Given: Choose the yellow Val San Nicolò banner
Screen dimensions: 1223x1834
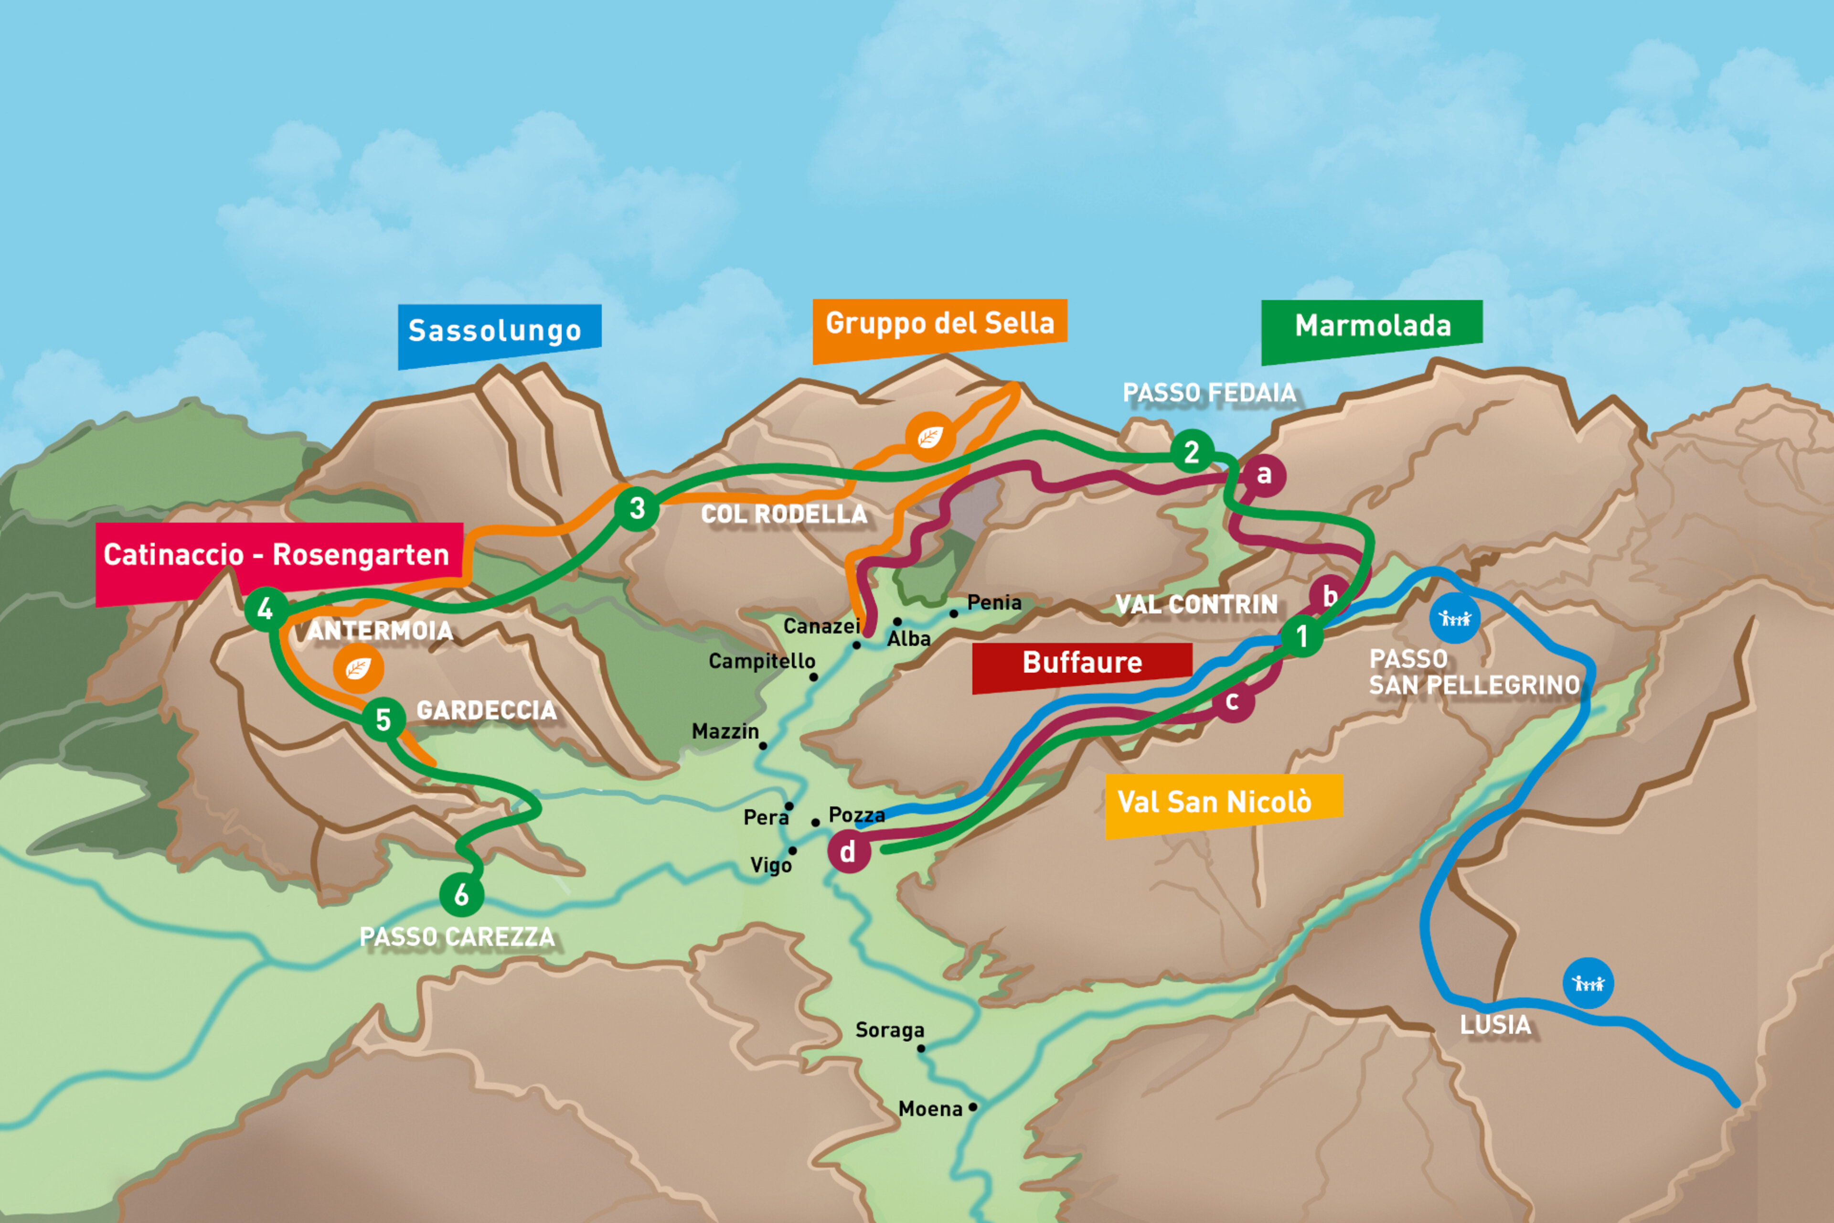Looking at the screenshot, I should point(1223,804).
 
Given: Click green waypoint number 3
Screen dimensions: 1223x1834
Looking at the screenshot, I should point(637,508).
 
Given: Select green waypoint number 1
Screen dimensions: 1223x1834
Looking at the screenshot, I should point(1301,636).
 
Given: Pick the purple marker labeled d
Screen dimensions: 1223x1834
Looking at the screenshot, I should point(848,851).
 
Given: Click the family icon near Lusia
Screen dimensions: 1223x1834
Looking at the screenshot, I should point(1588,983).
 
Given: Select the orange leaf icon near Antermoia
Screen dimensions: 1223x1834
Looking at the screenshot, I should point(358,668).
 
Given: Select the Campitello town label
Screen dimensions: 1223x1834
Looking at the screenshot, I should point(761,661).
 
